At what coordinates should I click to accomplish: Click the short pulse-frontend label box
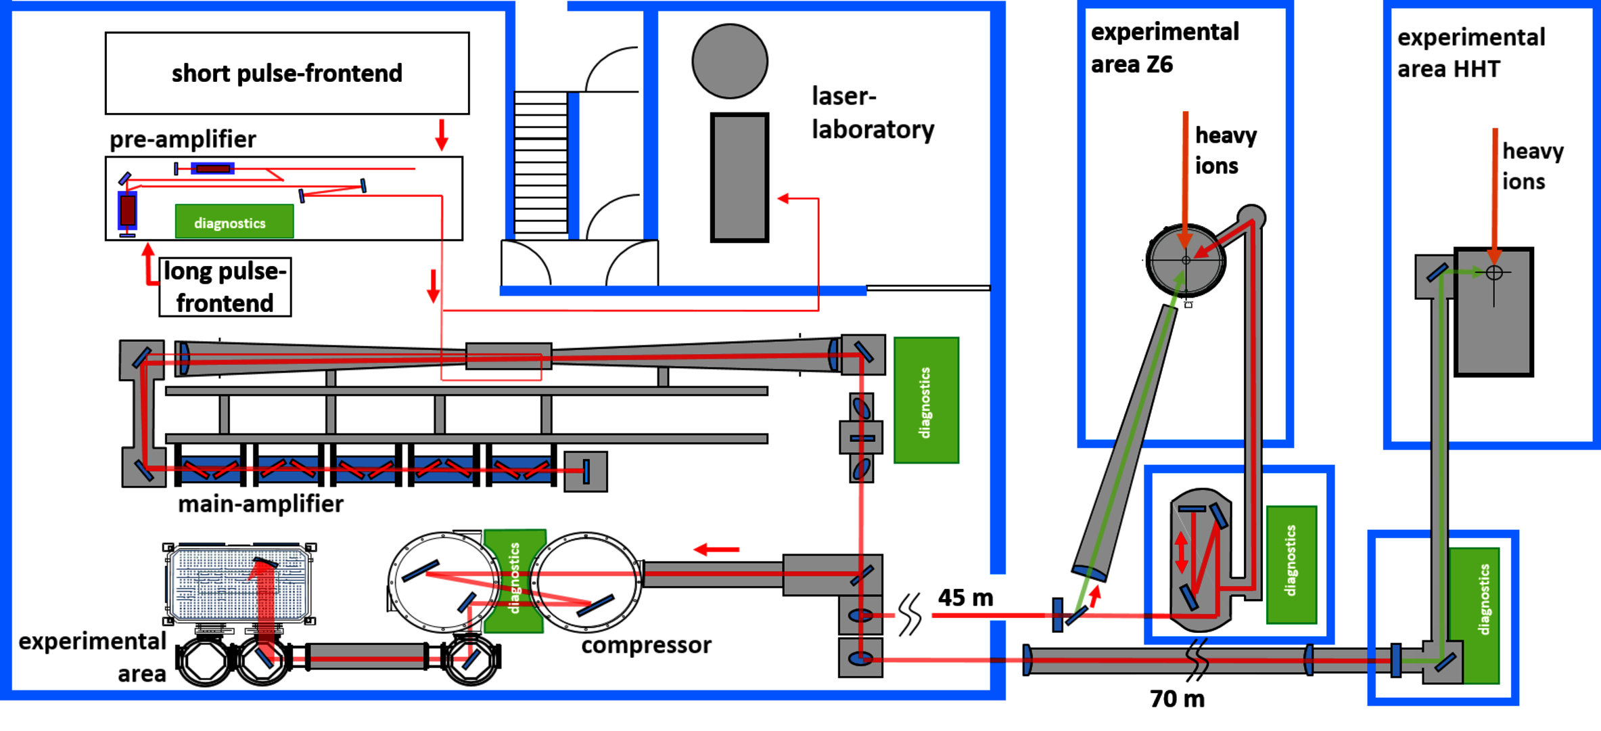[x=287, y=73]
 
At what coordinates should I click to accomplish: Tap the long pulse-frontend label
[x=225, y=287]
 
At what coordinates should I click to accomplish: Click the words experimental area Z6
[x=1165, y=47]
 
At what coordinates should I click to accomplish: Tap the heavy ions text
[x=1225, y=150]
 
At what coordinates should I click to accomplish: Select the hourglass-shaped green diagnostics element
[x=515, y=581]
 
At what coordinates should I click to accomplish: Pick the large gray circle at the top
[x=730, y=61]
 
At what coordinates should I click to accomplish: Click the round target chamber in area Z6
[x=1186, y=260]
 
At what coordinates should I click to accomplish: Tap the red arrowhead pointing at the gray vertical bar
[x=783, y=198]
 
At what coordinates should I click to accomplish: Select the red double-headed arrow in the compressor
[x=1181, y=552]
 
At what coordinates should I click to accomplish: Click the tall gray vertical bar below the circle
[x=739, y=177]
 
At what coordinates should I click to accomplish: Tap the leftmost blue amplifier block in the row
[x=210, y=469]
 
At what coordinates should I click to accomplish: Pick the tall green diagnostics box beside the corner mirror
[x=926, y=400]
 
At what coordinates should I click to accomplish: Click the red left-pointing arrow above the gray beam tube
[x=716, y=550]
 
